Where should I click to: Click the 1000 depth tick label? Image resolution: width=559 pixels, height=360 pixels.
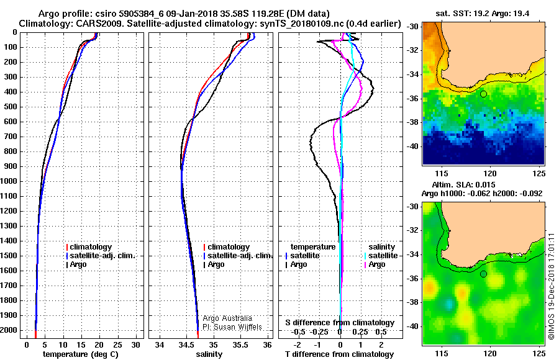tap(8, 181)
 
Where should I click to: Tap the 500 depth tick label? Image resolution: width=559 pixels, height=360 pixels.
tap(11, 107)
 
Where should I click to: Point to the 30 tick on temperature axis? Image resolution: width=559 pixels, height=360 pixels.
tap(135, 345)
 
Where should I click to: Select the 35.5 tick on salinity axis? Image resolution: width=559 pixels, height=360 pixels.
tap(240, 345)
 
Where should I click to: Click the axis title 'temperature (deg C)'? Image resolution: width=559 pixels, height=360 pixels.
tap(81, 354)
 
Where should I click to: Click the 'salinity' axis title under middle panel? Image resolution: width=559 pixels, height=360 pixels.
tap(209, 354)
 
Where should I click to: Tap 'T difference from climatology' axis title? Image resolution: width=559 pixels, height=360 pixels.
tap(339, 354)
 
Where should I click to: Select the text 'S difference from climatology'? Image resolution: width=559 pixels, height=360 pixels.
tap(340, 323)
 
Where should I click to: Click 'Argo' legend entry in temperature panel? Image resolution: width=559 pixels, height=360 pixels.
tap(76, 264)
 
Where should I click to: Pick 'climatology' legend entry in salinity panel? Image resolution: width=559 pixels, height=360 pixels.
tap(227, 247)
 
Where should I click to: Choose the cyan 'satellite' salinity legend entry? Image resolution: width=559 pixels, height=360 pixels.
tap(381, 256)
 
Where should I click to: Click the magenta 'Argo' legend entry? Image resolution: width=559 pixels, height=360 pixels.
tap(375, 264)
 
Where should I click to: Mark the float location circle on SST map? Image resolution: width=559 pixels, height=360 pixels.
tap(483, 94)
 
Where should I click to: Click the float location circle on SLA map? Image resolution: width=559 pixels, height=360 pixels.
tap(483, 274)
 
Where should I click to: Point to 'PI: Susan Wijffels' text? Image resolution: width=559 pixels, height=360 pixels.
tap(232, 327)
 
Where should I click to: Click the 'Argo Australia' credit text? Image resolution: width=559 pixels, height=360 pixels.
tap(227, 318)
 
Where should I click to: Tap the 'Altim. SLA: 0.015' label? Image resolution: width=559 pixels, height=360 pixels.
tap(463, 184)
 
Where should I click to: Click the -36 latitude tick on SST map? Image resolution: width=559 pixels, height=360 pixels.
tap(414, 98)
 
